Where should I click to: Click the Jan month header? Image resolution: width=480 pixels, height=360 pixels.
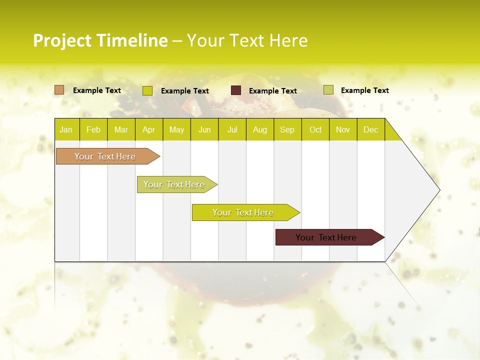point(66,129)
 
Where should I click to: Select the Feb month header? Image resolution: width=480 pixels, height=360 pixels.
point(93,129)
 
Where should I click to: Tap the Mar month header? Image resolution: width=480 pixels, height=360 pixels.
point(121,129)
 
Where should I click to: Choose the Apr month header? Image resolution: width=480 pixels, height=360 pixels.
point(149,129)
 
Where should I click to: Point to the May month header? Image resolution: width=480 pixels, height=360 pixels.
point(176,129)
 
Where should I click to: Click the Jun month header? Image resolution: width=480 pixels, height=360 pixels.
point(204,129)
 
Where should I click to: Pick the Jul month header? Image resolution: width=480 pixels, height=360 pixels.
point(232,129)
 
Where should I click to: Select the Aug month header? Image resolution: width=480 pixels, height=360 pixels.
point(260,129)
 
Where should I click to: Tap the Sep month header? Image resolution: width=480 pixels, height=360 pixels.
point(287,129)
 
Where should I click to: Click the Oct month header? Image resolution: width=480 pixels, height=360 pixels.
point(315,129)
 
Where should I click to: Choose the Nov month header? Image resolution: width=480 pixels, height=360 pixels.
point(343,129)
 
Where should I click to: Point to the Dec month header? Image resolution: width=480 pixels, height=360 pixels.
point(371,129)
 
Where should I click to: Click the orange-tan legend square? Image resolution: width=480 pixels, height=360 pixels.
point(59,90)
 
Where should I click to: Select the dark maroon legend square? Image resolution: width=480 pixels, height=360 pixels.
point(236,90)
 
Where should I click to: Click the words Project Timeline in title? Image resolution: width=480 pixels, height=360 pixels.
point(100,40)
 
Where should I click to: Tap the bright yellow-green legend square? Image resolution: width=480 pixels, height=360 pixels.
point(147,90)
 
